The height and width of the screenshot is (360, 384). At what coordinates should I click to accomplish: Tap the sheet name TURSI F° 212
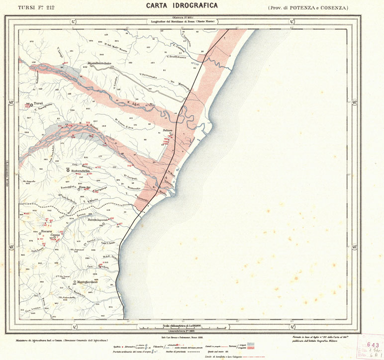37,7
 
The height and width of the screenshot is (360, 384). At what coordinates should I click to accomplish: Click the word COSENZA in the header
334,8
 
